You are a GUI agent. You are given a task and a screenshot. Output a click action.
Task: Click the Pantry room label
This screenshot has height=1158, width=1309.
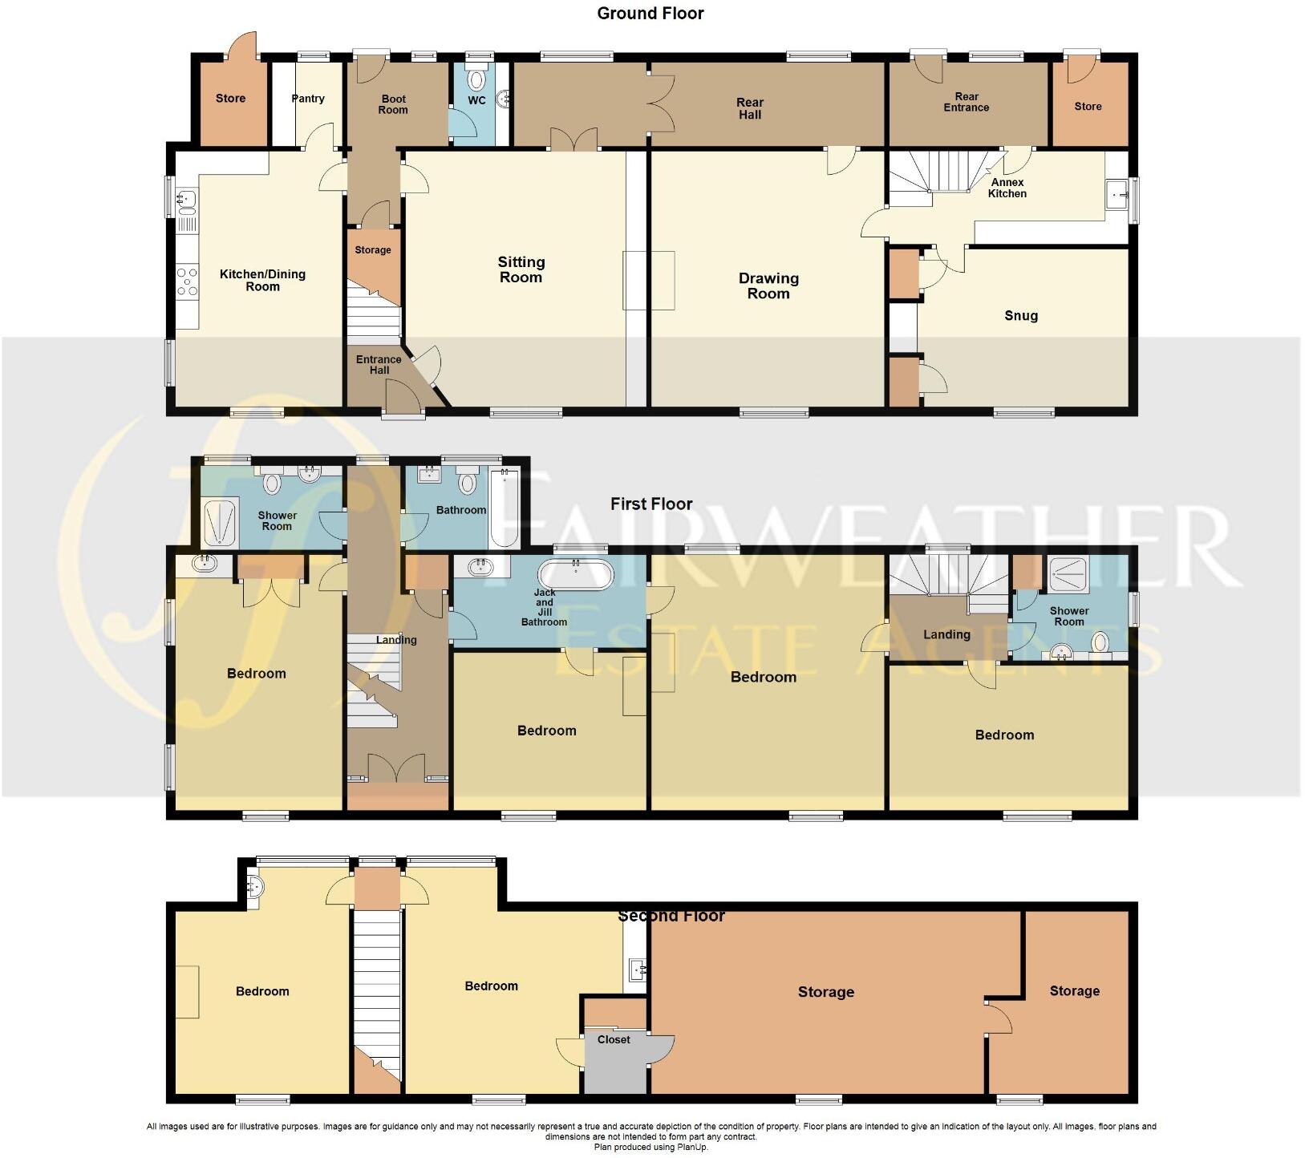(308, 99)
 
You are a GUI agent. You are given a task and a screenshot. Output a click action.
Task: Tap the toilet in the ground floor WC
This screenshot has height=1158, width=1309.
(477, 81)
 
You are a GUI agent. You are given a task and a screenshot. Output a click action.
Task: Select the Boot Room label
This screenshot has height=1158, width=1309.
(393, 104)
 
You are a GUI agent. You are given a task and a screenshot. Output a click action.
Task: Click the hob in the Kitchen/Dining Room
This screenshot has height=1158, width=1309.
(187, 281)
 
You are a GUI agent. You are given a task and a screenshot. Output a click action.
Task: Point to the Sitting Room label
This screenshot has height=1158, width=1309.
(521, 269)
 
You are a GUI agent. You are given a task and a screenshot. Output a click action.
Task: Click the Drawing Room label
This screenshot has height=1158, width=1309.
(768, 285)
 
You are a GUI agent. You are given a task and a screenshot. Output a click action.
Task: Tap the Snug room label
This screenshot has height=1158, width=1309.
(1021, 316)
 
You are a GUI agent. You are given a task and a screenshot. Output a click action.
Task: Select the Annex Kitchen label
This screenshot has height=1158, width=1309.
(1007, 188)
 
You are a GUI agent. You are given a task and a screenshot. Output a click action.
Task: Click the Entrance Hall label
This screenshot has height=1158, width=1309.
(379, 365)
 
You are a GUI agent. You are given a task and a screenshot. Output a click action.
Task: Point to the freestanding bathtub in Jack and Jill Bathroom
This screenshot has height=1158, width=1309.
(575, 575)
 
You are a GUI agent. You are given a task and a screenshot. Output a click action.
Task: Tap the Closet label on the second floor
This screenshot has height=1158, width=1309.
(614, 1039)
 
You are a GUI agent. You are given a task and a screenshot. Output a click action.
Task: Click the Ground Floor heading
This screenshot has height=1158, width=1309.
(650, 14)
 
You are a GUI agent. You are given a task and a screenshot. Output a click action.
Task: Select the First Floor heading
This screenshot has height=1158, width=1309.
(651, 504)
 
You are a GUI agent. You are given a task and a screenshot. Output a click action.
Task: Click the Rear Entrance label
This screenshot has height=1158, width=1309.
(966, 102)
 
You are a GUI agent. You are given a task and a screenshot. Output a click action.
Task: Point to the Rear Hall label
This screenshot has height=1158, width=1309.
(750, 108)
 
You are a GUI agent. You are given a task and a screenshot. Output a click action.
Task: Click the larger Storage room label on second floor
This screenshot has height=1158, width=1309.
(825, 993)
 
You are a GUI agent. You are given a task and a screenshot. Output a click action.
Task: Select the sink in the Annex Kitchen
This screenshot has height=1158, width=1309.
(1117, 193)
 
